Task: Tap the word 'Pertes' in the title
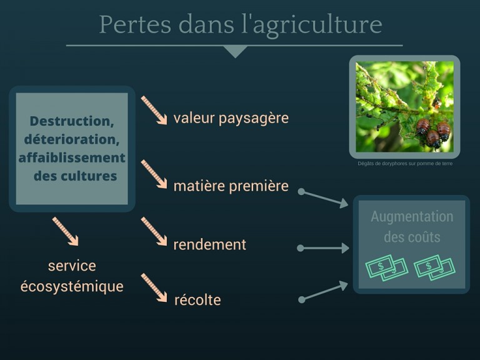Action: pyautogui.click(x=135, y=24)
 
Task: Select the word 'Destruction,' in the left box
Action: pyautogui.click(x=72, y=121)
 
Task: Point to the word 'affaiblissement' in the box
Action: pyautogui.click(x=72, y=158)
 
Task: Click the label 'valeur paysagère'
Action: pyautogui.click(x=231, y=119)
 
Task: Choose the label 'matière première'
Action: pyautogui.click(x=231, y=186)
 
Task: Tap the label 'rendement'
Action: pyautogui.click(x=210, y=244)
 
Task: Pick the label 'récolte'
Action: pyautogui.click(x=197, y=300)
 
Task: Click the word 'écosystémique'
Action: pyautogui.click(x=72, y=286)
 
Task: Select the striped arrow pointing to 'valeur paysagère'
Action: pyautogui.click(x=154, y=110)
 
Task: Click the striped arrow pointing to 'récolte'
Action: pyautogui.click(x=154, y=287)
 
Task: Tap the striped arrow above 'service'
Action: pyautogui.click(x=65, y=231)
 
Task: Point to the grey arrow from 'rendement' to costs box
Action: pyautogui.click(x=323, y=248)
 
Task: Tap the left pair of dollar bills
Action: pyautogui.click(x=387, y=268)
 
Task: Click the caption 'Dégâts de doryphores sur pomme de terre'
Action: pyautogui.click(x=405, y=164)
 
